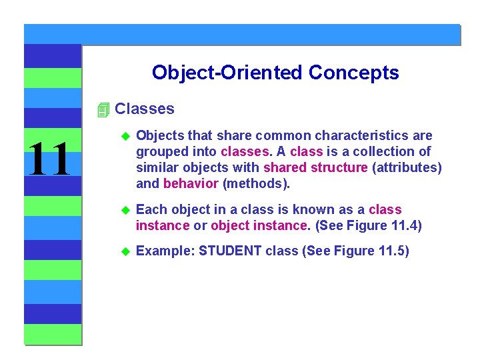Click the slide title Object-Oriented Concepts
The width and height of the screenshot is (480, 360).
(x=275, y=72)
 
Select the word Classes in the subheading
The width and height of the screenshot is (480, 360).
(x=145, y=109)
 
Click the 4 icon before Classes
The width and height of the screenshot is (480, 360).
(x=102, y=109)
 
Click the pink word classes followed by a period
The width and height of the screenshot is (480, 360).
(x=245, y=151)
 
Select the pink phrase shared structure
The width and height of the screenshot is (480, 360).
(x=315, y=167)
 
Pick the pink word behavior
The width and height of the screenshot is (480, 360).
(x=191, y=183)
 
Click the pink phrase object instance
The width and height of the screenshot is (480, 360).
(x=260, y=225)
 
